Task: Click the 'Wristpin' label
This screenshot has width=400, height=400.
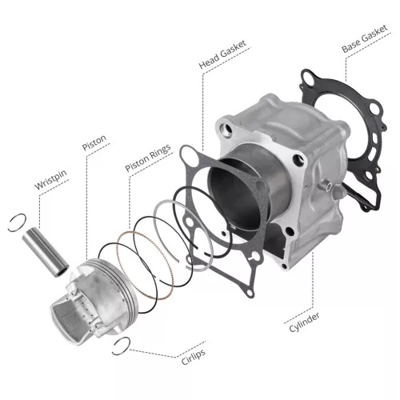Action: point(50,180)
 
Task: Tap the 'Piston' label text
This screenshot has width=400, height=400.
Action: point(94,143)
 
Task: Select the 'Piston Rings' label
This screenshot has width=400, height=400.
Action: point(148,158)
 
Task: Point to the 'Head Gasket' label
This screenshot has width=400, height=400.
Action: point(222,54)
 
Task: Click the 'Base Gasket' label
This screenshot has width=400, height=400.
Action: point(365,39)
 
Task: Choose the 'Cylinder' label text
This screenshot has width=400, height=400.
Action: point(304,322)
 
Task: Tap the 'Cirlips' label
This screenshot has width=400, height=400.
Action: point(194,357)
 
